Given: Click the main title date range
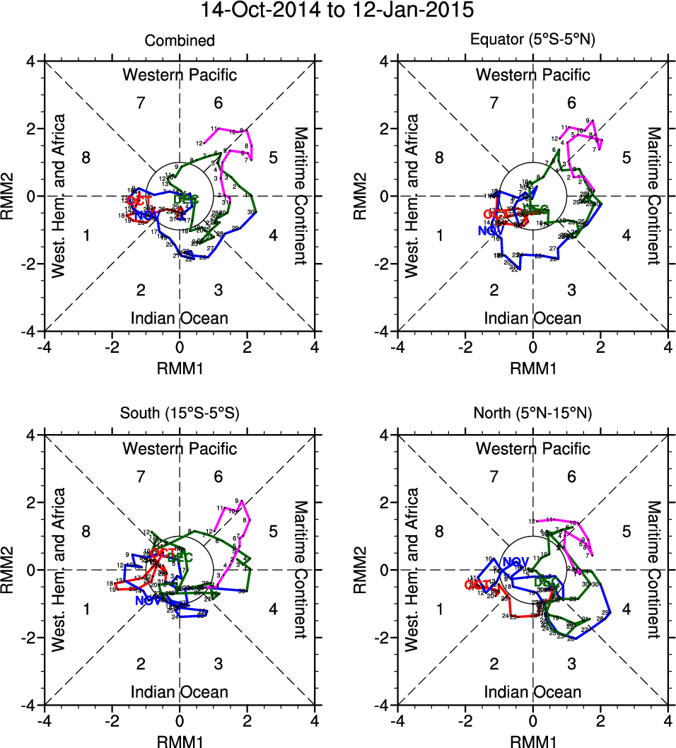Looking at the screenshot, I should click(x=338, y=11).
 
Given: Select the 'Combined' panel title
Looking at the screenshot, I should click(x=180, y=41).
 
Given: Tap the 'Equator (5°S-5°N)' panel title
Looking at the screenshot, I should click(x=533, y=41).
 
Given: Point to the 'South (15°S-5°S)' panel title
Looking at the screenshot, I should click(x=180, y=414).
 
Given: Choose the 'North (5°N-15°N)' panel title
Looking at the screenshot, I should click(x=533, y=414).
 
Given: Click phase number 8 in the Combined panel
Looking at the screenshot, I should click(x=86, y=158).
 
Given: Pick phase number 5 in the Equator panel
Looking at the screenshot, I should click(x=626, y=158).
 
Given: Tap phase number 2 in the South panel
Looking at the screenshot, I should click(x=141, y=664).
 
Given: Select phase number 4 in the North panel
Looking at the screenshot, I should click(x=626, y=609).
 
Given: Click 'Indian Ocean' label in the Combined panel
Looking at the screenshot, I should click(x=180, y=318).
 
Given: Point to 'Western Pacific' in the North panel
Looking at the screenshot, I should click(x=533, y=448).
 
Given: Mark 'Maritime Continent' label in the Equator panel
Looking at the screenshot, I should click(x=654, y=196).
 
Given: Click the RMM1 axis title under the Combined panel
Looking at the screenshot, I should click(x=180, y=368).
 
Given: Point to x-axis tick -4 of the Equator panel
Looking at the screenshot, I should click(x=399, y=347).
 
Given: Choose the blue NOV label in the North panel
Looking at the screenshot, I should click(x=515, y=562).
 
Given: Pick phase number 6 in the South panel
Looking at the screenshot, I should click(x=218, y=477).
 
